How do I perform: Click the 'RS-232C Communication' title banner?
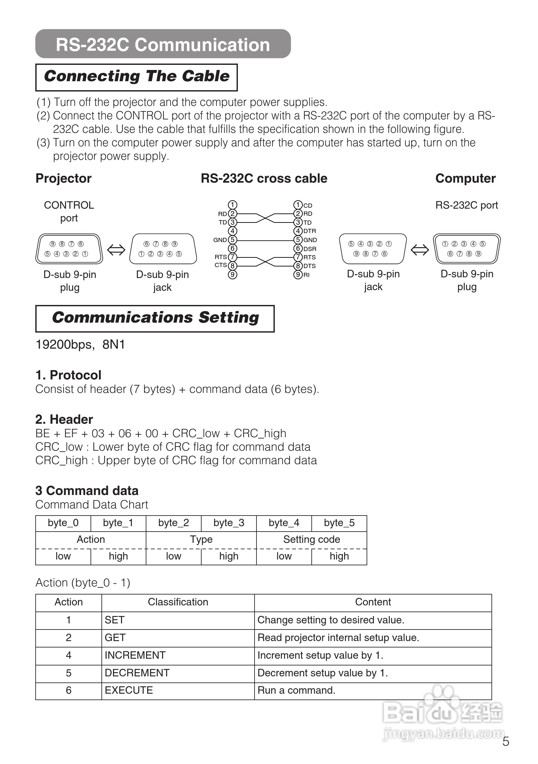[x=163, y=44]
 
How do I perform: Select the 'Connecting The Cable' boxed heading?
[x=136, y=76]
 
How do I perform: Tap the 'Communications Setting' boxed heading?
[x=155, y=318]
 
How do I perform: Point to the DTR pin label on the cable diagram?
[x=309, y=231]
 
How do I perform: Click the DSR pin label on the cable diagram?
[x=309, y=248]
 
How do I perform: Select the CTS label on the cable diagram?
[x=221, y=265]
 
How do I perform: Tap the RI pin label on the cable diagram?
[x=306, y=275]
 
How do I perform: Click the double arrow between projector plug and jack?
[x=116, y=249]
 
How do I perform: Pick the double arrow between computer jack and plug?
[x=420, y=249]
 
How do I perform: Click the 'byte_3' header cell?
[x=229, y=523]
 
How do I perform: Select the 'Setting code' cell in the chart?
[x=311, y=539]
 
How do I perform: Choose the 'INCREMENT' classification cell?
[x=135, y=655]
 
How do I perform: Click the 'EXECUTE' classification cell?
[x=129, y=690]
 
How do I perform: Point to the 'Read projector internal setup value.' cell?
[x=338, y=638]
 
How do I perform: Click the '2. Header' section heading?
[x=64, y=419]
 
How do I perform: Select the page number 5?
[x=505, y=742]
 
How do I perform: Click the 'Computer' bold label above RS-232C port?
[x=465, y=179]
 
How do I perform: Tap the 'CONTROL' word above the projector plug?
[x=69, y=205]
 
